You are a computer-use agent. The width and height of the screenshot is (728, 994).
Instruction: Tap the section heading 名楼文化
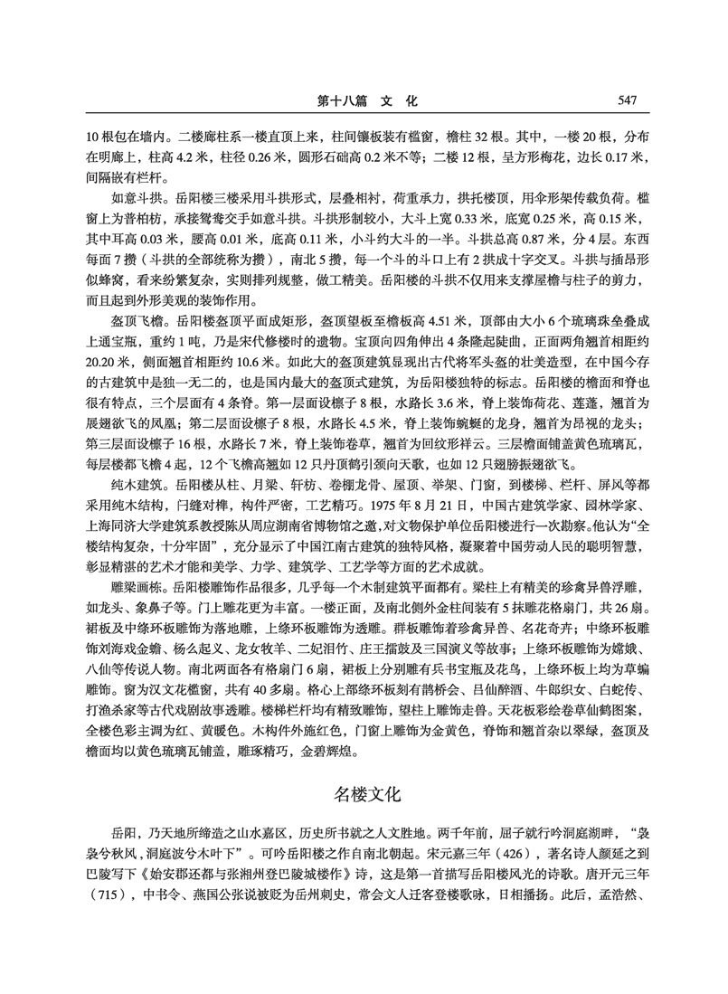[x=365, y=796]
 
